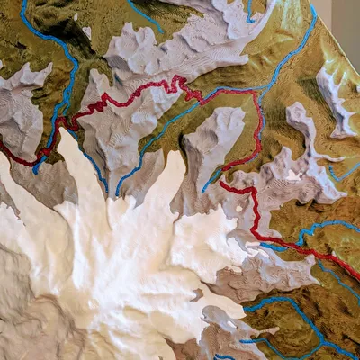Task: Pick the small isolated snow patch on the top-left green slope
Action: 87,33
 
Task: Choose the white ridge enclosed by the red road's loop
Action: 216,135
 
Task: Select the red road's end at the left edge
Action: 4,148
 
